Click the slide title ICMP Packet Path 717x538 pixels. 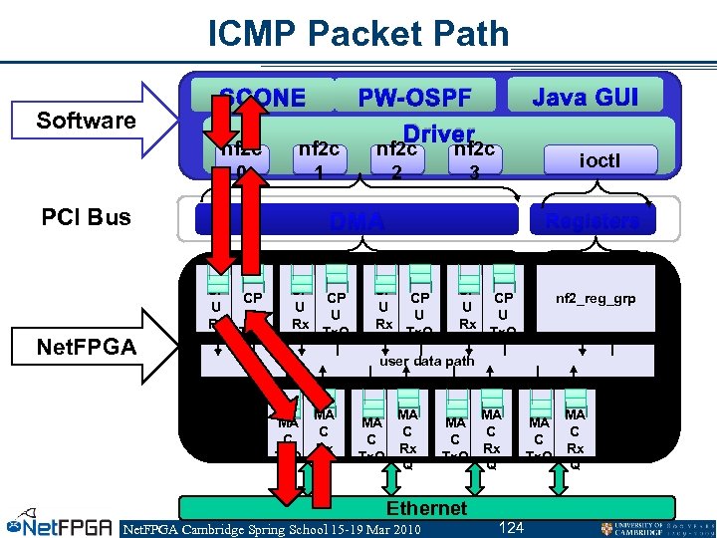358,34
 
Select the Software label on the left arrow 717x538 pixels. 86,121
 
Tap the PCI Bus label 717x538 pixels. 87,217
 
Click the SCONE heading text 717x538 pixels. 263,98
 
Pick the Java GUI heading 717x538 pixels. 584,97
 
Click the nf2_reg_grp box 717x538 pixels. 596,297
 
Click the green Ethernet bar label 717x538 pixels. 425,508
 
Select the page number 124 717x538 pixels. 510,527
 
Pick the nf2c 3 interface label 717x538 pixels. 475,159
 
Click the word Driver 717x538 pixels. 438,134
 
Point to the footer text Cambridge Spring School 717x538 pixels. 271,528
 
